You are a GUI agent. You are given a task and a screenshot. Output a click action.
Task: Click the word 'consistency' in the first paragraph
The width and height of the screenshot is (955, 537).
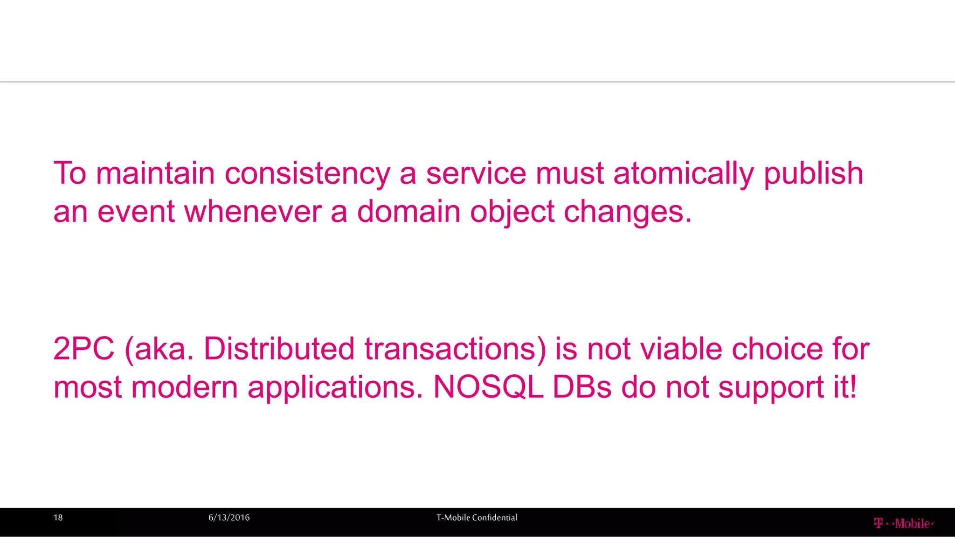307,173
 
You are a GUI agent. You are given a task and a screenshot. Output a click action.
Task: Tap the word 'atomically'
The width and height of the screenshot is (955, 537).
684,173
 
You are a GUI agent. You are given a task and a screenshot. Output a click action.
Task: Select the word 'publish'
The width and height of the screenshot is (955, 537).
813,173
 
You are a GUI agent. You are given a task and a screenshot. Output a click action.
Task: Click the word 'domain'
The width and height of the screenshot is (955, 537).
408,212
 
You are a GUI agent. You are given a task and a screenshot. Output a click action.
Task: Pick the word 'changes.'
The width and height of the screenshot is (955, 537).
628,212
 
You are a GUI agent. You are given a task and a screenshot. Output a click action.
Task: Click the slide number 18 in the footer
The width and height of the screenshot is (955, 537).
58,517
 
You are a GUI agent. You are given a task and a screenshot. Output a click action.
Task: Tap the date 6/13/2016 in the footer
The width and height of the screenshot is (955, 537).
229,517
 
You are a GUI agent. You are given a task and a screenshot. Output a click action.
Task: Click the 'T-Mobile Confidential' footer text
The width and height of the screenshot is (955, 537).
477,517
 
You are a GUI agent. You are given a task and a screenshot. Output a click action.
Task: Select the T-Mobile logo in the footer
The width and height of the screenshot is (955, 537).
904,523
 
